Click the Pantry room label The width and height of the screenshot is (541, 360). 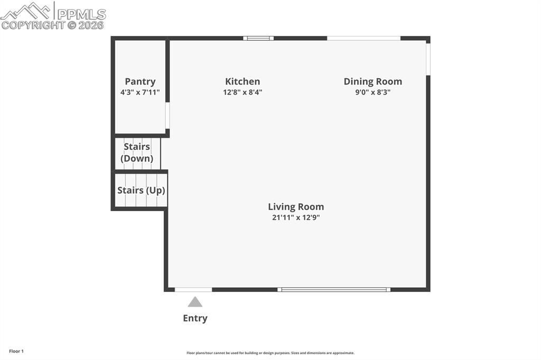point(140,81)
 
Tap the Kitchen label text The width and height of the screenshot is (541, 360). point(242,81)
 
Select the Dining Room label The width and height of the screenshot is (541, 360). point(372,81)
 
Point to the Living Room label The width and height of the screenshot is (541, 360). point(296,207)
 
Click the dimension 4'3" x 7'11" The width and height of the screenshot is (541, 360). point(140,92)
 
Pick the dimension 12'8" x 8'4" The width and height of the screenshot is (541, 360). point(242,92)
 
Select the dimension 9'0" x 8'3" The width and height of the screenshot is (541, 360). point(372,92)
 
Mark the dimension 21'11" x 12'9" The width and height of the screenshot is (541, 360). point(296,217)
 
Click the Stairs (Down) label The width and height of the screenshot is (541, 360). point(137,153)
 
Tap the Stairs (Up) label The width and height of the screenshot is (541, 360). point(141,190)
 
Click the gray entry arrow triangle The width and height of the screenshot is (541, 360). point(195,302)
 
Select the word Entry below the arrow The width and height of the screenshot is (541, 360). point(195,318)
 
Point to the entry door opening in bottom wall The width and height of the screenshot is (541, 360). point(193,289)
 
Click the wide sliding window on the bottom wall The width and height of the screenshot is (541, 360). point(334,289)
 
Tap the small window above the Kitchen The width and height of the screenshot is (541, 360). point(258,38)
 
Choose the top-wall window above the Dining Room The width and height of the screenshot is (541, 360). point(363,38)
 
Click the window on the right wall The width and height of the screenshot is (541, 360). point(428,58)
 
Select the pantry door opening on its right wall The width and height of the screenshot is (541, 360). point(167,116)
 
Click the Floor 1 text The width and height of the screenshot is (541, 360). point(16,351)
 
